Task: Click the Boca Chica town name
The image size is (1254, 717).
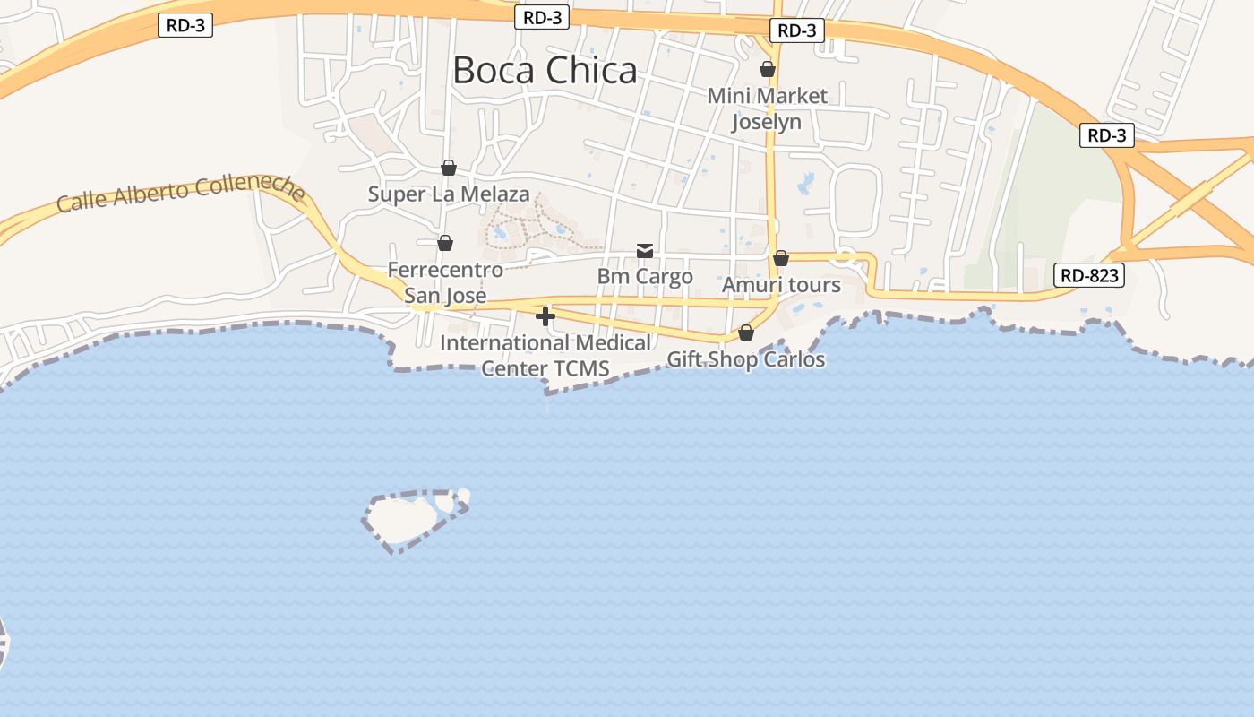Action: pyautogui.click(x=545, y=70)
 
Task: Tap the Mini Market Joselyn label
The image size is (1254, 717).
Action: pyautogui.click(x=767, y=108)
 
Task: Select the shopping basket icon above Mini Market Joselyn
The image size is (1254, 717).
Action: pyautogui.click(x=768, y=69)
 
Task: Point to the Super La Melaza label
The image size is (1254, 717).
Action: pyautogui.click(x=449, y=194)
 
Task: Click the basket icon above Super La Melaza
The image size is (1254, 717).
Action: pyautogui.click(x=449, y=168)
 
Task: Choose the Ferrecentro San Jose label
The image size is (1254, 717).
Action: pyautogui.click(x=445, y=282)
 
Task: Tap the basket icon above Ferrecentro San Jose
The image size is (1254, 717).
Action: pyautogui.click(x=445, y=243)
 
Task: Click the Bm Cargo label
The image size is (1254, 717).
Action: pyautogui.click(x=645, y=276)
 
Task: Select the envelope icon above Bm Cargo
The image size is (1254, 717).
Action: pyautogui.click(x=645, y=250)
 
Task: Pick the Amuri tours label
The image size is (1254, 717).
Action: pyautogui.click(x=781, y=285)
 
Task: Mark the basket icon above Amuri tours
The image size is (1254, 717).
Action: pyautogui.click(x=781, y=258)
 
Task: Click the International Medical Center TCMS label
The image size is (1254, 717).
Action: pyautogui.click(x=545, y=355)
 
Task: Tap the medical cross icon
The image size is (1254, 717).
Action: pyautogui.click(x=545, y=315)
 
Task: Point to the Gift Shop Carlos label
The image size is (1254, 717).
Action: pyautogui.click(x=745, y=359)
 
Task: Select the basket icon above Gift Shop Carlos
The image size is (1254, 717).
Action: pyautogui.click(x=746, y=333)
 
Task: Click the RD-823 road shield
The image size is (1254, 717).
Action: pyautogui.click(x=1089, y=275)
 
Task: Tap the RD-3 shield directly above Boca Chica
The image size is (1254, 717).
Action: pyautogui.click(x=542, y=17)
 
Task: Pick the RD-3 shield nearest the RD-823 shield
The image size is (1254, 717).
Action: pyautogui.click(x=1106, y=135)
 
